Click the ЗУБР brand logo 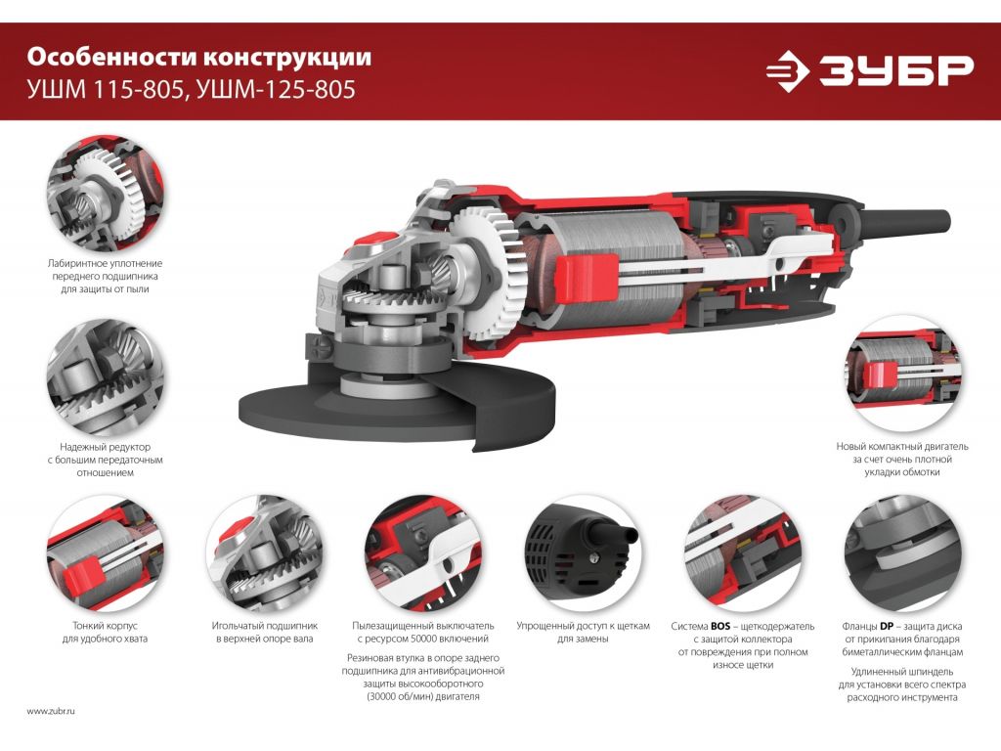[x=869, y=70]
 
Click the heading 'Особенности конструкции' [x=198, y=57]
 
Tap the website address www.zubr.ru [x=51, y=711]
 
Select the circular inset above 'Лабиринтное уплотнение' [x=105, y=193]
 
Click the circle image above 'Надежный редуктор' [x=105, y=377]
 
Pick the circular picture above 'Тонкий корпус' [x=105, y=554]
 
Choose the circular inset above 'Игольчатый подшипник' [x=264, y=554]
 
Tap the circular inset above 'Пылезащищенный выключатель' [x=423, y=554]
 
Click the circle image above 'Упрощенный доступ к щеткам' [x=583, y=554]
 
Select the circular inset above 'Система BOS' [x=743, y=554]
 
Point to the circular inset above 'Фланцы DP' [x=902, y=554]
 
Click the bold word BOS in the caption [x=720, y=627]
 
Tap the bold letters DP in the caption [x=886, y=627]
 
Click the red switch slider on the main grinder [x=587, y=277]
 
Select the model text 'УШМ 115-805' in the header [x=106, y=89]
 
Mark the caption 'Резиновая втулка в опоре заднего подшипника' [x=422, y=664]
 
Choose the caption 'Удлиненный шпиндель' [x=902, y=671]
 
